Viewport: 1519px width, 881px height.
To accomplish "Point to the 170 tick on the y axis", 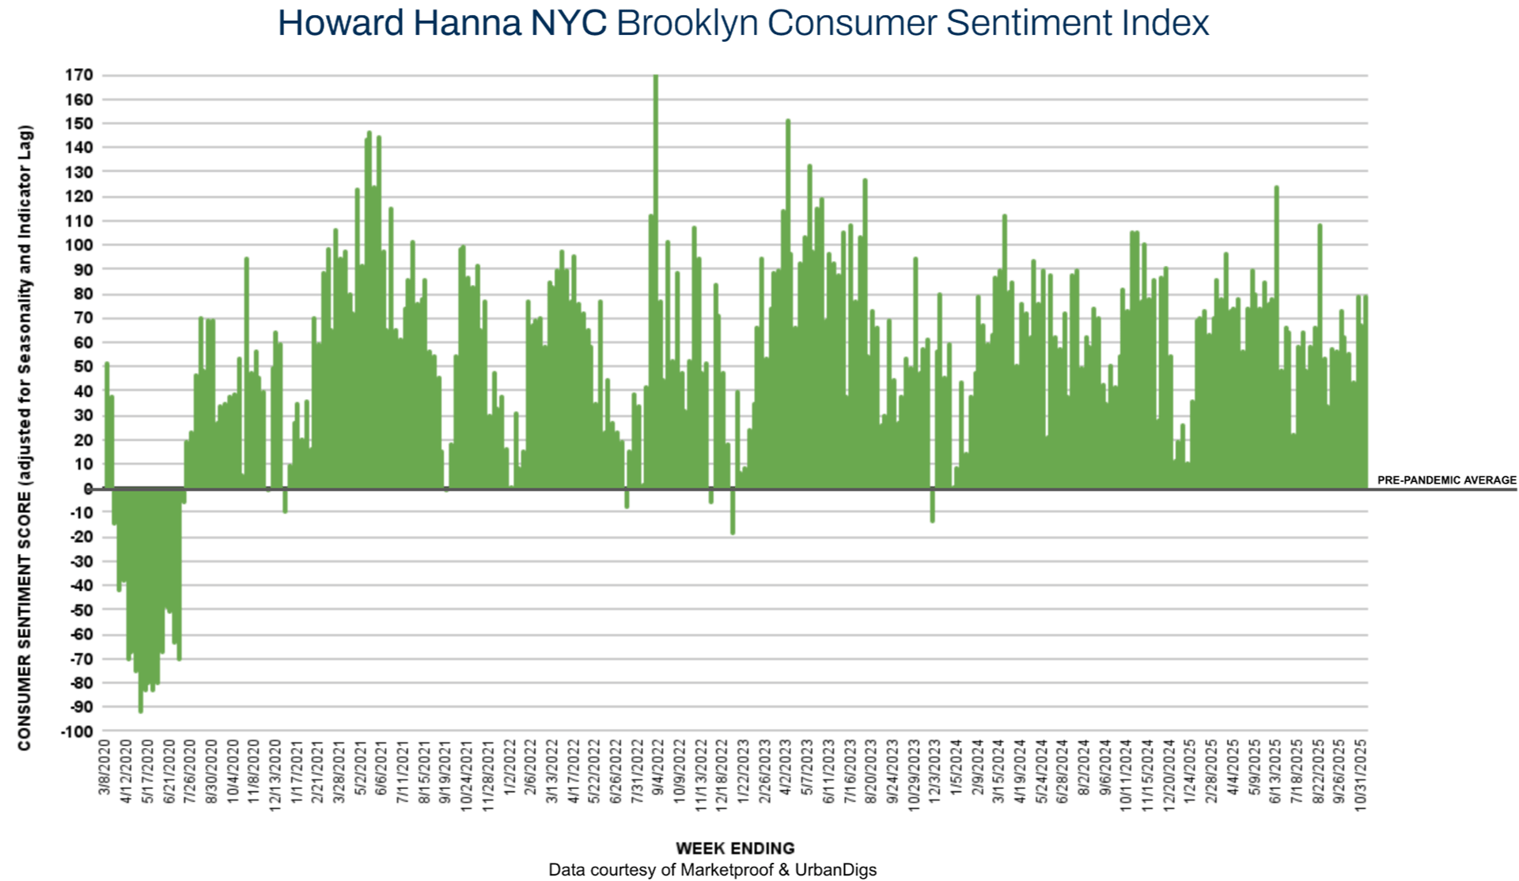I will pyautogui.click(x=79, y=75).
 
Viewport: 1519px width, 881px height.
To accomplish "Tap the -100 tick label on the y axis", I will pyautogui.click(x=76, y=731).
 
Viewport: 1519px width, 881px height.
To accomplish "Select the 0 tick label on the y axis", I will pyautogui.click(x=88, y=489).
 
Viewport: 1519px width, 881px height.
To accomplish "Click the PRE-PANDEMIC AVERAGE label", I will pyautogui.click(x=1446, y=480).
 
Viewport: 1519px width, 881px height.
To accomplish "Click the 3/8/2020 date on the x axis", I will pyautogui.click(x=104, y=767).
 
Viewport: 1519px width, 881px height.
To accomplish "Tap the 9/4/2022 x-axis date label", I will pyautogui.click(x=658, y=767).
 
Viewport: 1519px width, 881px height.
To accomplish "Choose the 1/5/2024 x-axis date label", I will pyautogui.click(x=956, y=767).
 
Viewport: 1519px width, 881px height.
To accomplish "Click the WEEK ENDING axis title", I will pyautogui.click(x=735, y=848).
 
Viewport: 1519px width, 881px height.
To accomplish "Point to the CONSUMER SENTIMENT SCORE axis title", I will pyautogui.click(x=25, y=437).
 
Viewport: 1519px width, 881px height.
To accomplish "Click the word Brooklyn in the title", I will pyautogui.click(x=686, y=23).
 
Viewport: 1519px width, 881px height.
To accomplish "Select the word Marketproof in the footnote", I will pyautogui.click(x=727, y=870).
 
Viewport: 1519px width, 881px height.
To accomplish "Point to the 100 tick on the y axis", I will pyautogui.click(x=79, y=245).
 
